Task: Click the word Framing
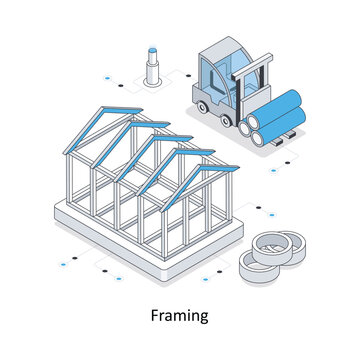(180, 316)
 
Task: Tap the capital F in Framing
(155, 315)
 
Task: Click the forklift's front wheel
(226, 121)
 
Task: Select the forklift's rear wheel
(202, 107)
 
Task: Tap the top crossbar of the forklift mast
(252, 67)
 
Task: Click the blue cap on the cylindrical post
(153, 50)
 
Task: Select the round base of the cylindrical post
(153, 82)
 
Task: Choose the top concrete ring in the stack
(272, 247)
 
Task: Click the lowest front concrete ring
(258, 267)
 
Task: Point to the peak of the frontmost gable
(201, 166)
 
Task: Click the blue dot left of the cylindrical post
(107, 78)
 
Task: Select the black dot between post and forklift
(189, 76)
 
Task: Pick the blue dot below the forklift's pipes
(273, 171)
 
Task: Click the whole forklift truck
(248, 92)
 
